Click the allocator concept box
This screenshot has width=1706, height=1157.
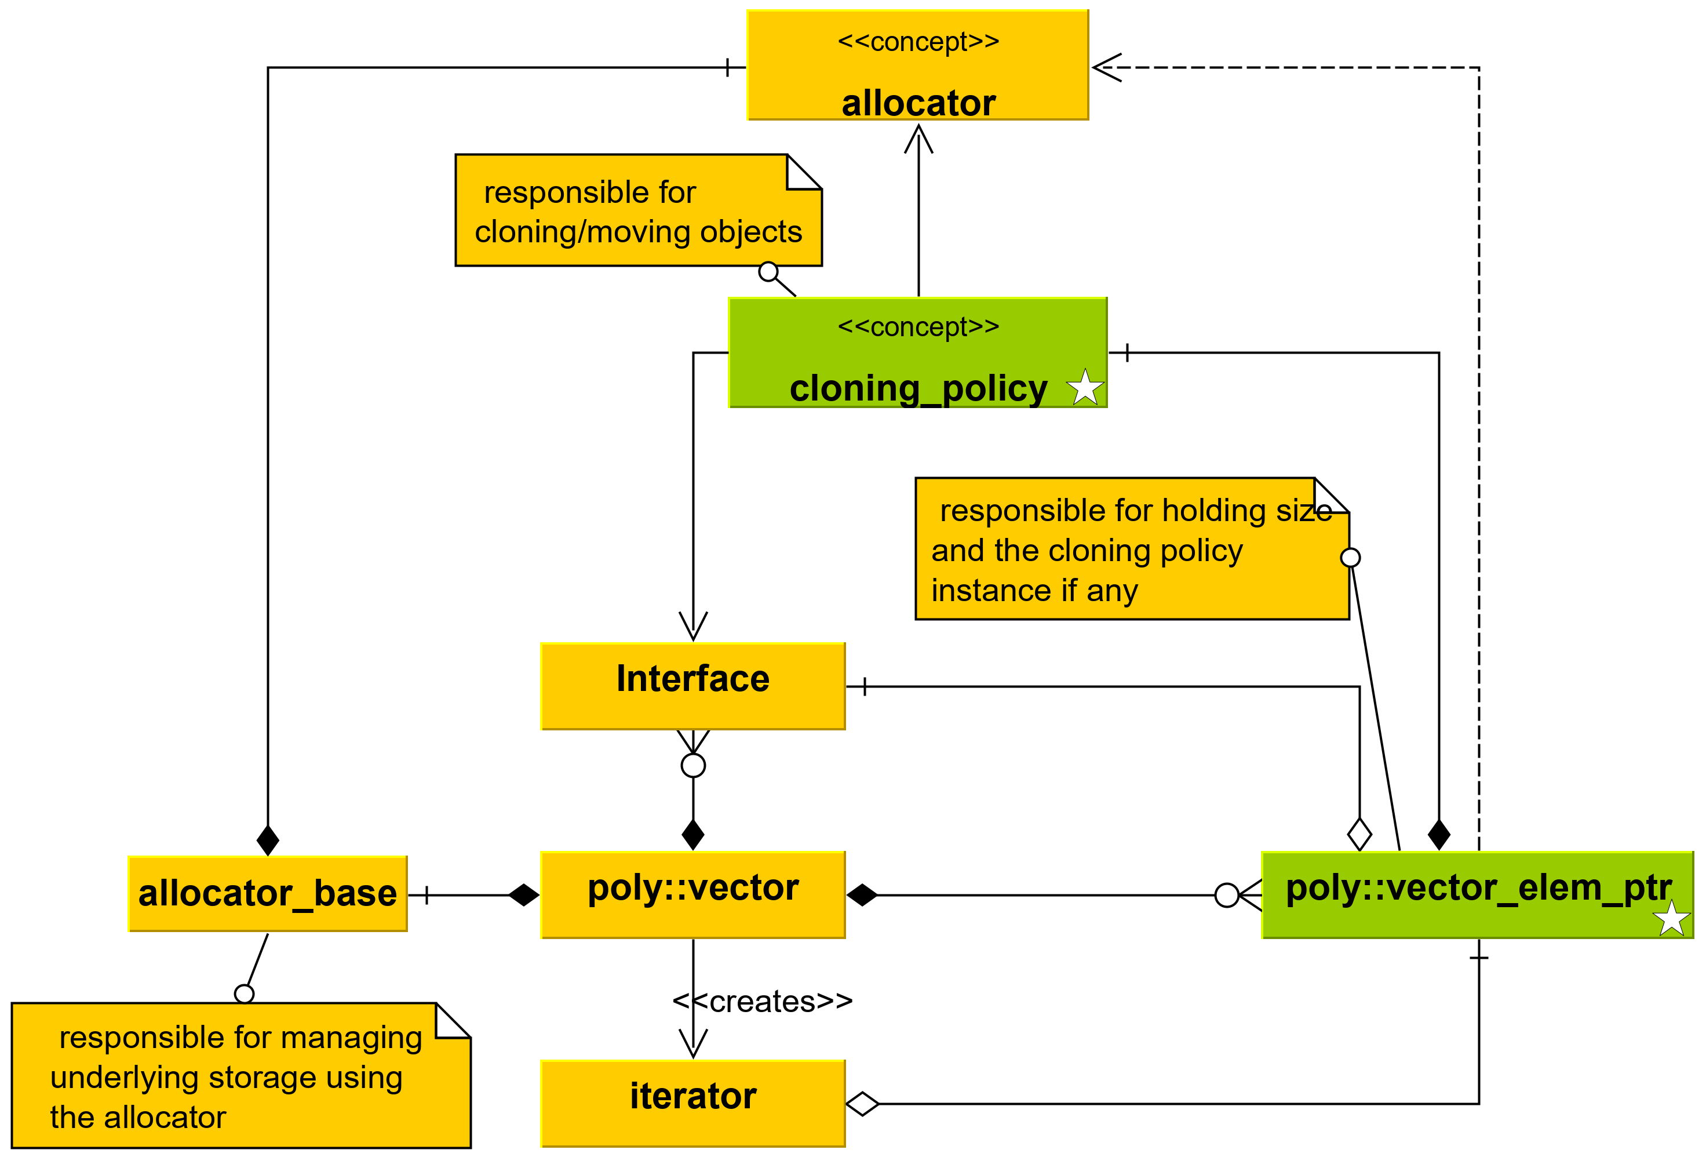point(917,64)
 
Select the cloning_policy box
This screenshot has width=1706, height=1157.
point(917,352)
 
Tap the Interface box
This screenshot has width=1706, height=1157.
point(693,686)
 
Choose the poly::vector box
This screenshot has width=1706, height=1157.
point(693,895)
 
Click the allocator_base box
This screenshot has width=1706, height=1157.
point(268,893)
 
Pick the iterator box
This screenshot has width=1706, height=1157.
point(693,1104)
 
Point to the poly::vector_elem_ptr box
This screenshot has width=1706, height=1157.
point(1478,895)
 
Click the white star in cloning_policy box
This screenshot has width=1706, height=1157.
point(1085,388)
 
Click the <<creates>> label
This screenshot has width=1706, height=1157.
point(763,1002)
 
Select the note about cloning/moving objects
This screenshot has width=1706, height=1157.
point(639,210)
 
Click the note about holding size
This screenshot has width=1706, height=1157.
point(1132,548)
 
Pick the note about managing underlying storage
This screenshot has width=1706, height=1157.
point(241,1075)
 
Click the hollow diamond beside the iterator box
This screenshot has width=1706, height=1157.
point(862,1104)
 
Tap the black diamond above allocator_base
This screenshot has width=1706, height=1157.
point(268,840)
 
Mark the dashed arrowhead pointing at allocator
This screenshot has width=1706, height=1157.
point(1107,68)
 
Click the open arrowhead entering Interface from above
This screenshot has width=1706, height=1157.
point(693,626)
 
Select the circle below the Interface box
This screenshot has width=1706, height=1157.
point(693,766)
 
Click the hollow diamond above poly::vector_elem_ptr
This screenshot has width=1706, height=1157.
point(1359,835)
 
